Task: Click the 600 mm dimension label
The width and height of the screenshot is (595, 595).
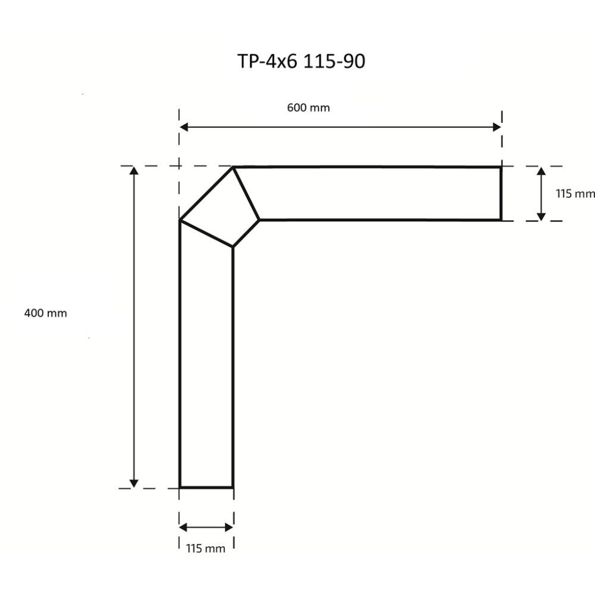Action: click(308, 108)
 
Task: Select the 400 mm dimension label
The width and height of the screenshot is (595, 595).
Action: click(45, 314)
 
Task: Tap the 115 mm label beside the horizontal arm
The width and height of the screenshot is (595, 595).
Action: click(575, 193)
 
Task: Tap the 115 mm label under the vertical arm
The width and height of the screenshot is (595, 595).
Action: click(205, 549)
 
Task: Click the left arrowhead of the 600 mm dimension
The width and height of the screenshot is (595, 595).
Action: click(184, 127)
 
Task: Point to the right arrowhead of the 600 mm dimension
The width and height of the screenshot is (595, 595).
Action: click(497, 127)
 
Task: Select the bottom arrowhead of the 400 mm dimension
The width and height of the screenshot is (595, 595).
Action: click(134, 483)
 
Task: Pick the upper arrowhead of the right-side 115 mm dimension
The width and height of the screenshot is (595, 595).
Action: click(541, 171)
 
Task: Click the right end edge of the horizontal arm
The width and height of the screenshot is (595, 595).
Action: click(500, 193)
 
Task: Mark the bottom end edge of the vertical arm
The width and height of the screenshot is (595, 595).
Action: click(206, 487)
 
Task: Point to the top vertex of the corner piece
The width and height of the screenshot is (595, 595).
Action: click(233, 168)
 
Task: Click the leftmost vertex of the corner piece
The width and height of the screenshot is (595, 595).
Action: click(180, 221)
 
